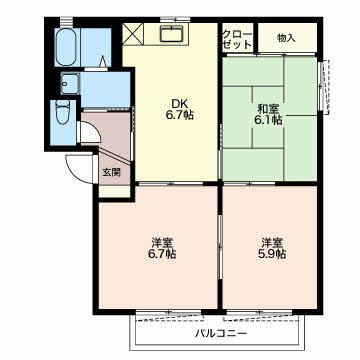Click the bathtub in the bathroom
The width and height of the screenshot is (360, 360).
pyautogui.click(x=67, y=47)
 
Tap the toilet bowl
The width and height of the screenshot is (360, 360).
pyautogui.click(x=63, y=112)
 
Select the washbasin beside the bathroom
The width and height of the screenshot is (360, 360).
pyautogui.click(x=70, y=84)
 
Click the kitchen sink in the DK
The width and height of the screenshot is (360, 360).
pyautogui.click(x=171, y=34)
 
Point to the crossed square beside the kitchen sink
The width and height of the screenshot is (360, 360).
pyautogui.click(x=134, y=34)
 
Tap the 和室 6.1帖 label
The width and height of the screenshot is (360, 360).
pyautogui.click(x=269, y=115)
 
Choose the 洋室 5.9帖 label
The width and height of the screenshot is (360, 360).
pyautogui.click(x=271, y=248)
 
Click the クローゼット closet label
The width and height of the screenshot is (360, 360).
pyautogui.click(x=237, y=40)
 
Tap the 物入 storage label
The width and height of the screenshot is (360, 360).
pyautogui.click(x=286, y=38)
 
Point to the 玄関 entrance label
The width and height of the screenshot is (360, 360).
pyautogui.click(x=111, y=172)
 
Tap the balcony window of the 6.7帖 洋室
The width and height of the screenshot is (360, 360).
pyautogui.click(x=168, y=313)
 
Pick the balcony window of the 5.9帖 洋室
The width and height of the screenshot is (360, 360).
pyautogui.click(x=259, y=313)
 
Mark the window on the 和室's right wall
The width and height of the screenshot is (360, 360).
pyautogui.click(x=321, y=86)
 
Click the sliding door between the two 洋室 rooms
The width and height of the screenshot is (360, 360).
pyautogui.click(x=220, y=246)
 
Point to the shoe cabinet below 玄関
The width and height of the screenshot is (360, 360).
pyautogui.click(x=115, y=191)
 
